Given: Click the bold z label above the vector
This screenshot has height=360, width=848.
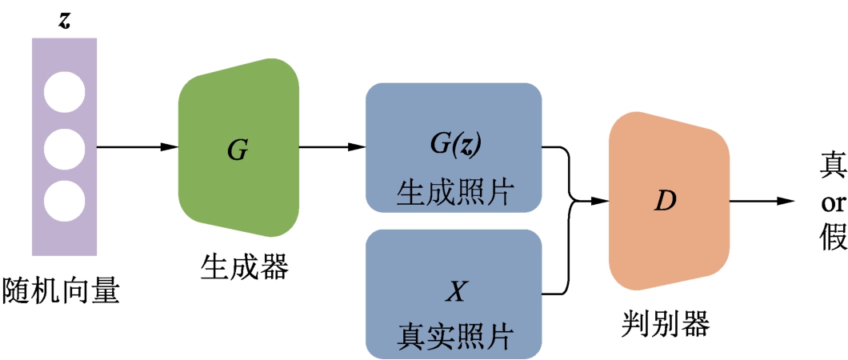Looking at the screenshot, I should click(x=64, y=20).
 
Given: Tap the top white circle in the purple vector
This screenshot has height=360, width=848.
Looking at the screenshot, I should click(x=64, y=91).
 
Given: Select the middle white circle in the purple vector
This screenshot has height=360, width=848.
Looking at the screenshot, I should click(x=64, y=147).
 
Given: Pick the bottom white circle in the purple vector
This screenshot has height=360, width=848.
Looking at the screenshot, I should click(x=64, y=202).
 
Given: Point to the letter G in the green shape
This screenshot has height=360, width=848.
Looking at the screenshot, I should click(x=238, y=150).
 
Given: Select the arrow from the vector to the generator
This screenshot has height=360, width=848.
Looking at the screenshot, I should click(x=136, y=147).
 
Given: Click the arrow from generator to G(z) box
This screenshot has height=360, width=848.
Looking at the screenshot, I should click(x=331, y=147).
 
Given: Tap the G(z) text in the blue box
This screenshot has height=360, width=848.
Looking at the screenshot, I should click(x=454, y=144).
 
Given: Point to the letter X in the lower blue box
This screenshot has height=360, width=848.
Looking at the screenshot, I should click(x=454, y=293).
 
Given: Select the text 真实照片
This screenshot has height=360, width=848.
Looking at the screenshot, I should click(x=454, y=335).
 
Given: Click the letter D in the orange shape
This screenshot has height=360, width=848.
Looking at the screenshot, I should click(x=664, y=200).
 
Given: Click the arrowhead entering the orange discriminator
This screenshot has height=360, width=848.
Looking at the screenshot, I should click(x=599, y=201).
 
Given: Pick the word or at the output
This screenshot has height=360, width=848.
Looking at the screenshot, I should click(x=832, y=203).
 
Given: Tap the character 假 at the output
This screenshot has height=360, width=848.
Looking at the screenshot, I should click(x=832, y=236).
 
